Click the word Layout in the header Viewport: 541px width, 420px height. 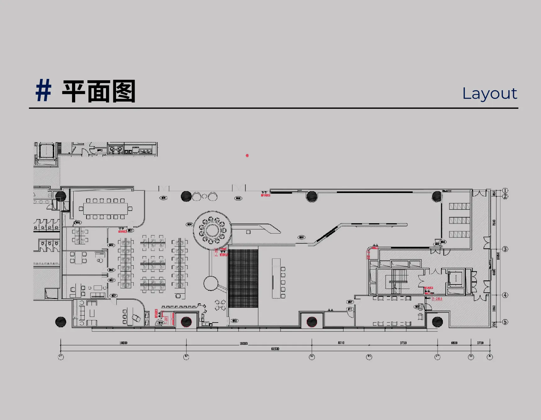[x=489, y=93]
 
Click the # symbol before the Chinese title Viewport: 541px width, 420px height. [x=43, y=91]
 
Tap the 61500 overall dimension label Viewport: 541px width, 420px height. [x=275, y=349]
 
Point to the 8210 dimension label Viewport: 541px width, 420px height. [x=341, y=343]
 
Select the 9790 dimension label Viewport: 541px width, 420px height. [x=403, y=343]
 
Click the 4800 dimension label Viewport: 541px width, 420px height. [x=454, y=343]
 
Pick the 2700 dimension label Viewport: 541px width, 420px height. [x=480, y=343]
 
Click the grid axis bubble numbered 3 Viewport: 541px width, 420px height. [x=505, y=249]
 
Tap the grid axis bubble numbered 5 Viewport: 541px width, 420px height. [x=505, y=322]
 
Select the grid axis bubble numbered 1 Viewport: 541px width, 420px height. [x=505, y=191]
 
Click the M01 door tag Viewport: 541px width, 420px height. [x=301, y=237]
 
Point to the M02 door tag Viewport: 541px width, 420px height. [x=235, y=321]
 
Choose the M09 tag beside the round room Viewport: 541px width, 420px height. [x=189, y=224]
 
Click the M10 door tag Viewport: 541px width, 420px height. [x=160, y=323]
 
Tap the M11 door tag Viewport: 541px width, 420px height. [x=350, y=309]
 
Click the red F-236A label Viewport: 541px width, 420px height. [x=437, y=299]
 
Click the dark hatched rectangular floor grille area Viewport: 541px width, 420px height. [x=243, y=278]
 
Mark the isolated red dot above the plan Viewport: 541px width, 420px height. [x=247, y=156]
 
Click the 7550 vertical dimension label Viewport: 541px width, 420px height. [x=494, y=223]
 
